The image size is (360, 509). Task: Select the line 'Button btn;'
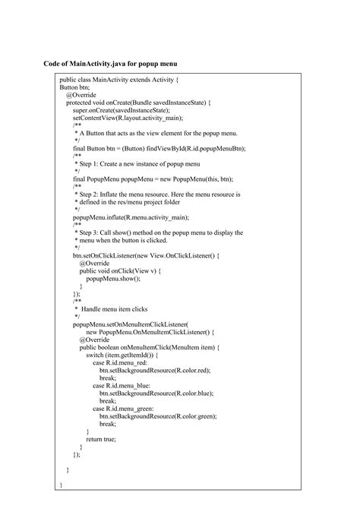pyautogui.click(x=74, y=87)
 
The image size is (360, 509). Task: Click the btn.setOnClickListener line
pyautogui.click(x=145, y=256)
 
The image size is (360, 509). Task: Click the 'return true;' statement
pyautogui.click(x=101, y=439)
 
